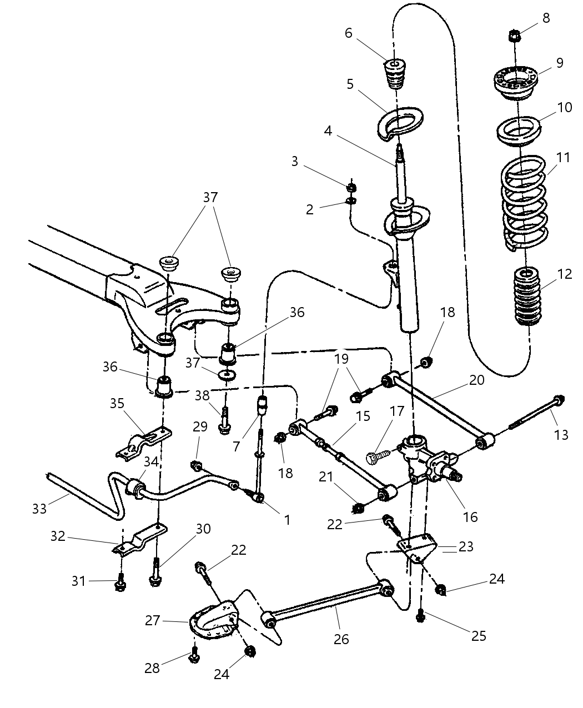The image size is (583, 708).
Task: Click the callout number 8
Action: (x=546, y=18)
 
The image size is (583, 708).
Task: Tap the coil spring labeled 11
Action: (x=524, y=203)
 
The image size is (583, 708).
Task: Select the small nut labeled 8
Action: (x=514, y=37)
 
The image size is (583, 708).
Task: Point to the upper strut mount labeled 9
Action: (x=516, y=82)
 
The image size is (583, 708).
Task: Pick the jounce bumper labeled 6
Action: (x=395, y=74)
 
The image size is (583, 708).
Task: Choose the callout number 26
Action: (x=341, y=639)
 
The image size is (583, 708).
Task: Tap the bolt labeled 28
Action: (x=194, y=655)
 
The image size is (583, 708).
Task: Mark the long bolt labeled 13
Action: (x=536, y=415)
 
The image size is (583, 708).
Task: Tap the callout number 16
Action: (x=470, y=517)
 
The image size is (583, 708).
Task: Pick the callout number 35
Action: (x=117, y=403)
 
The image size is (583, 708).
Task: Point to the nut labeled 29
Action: (x=197, y=464)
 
